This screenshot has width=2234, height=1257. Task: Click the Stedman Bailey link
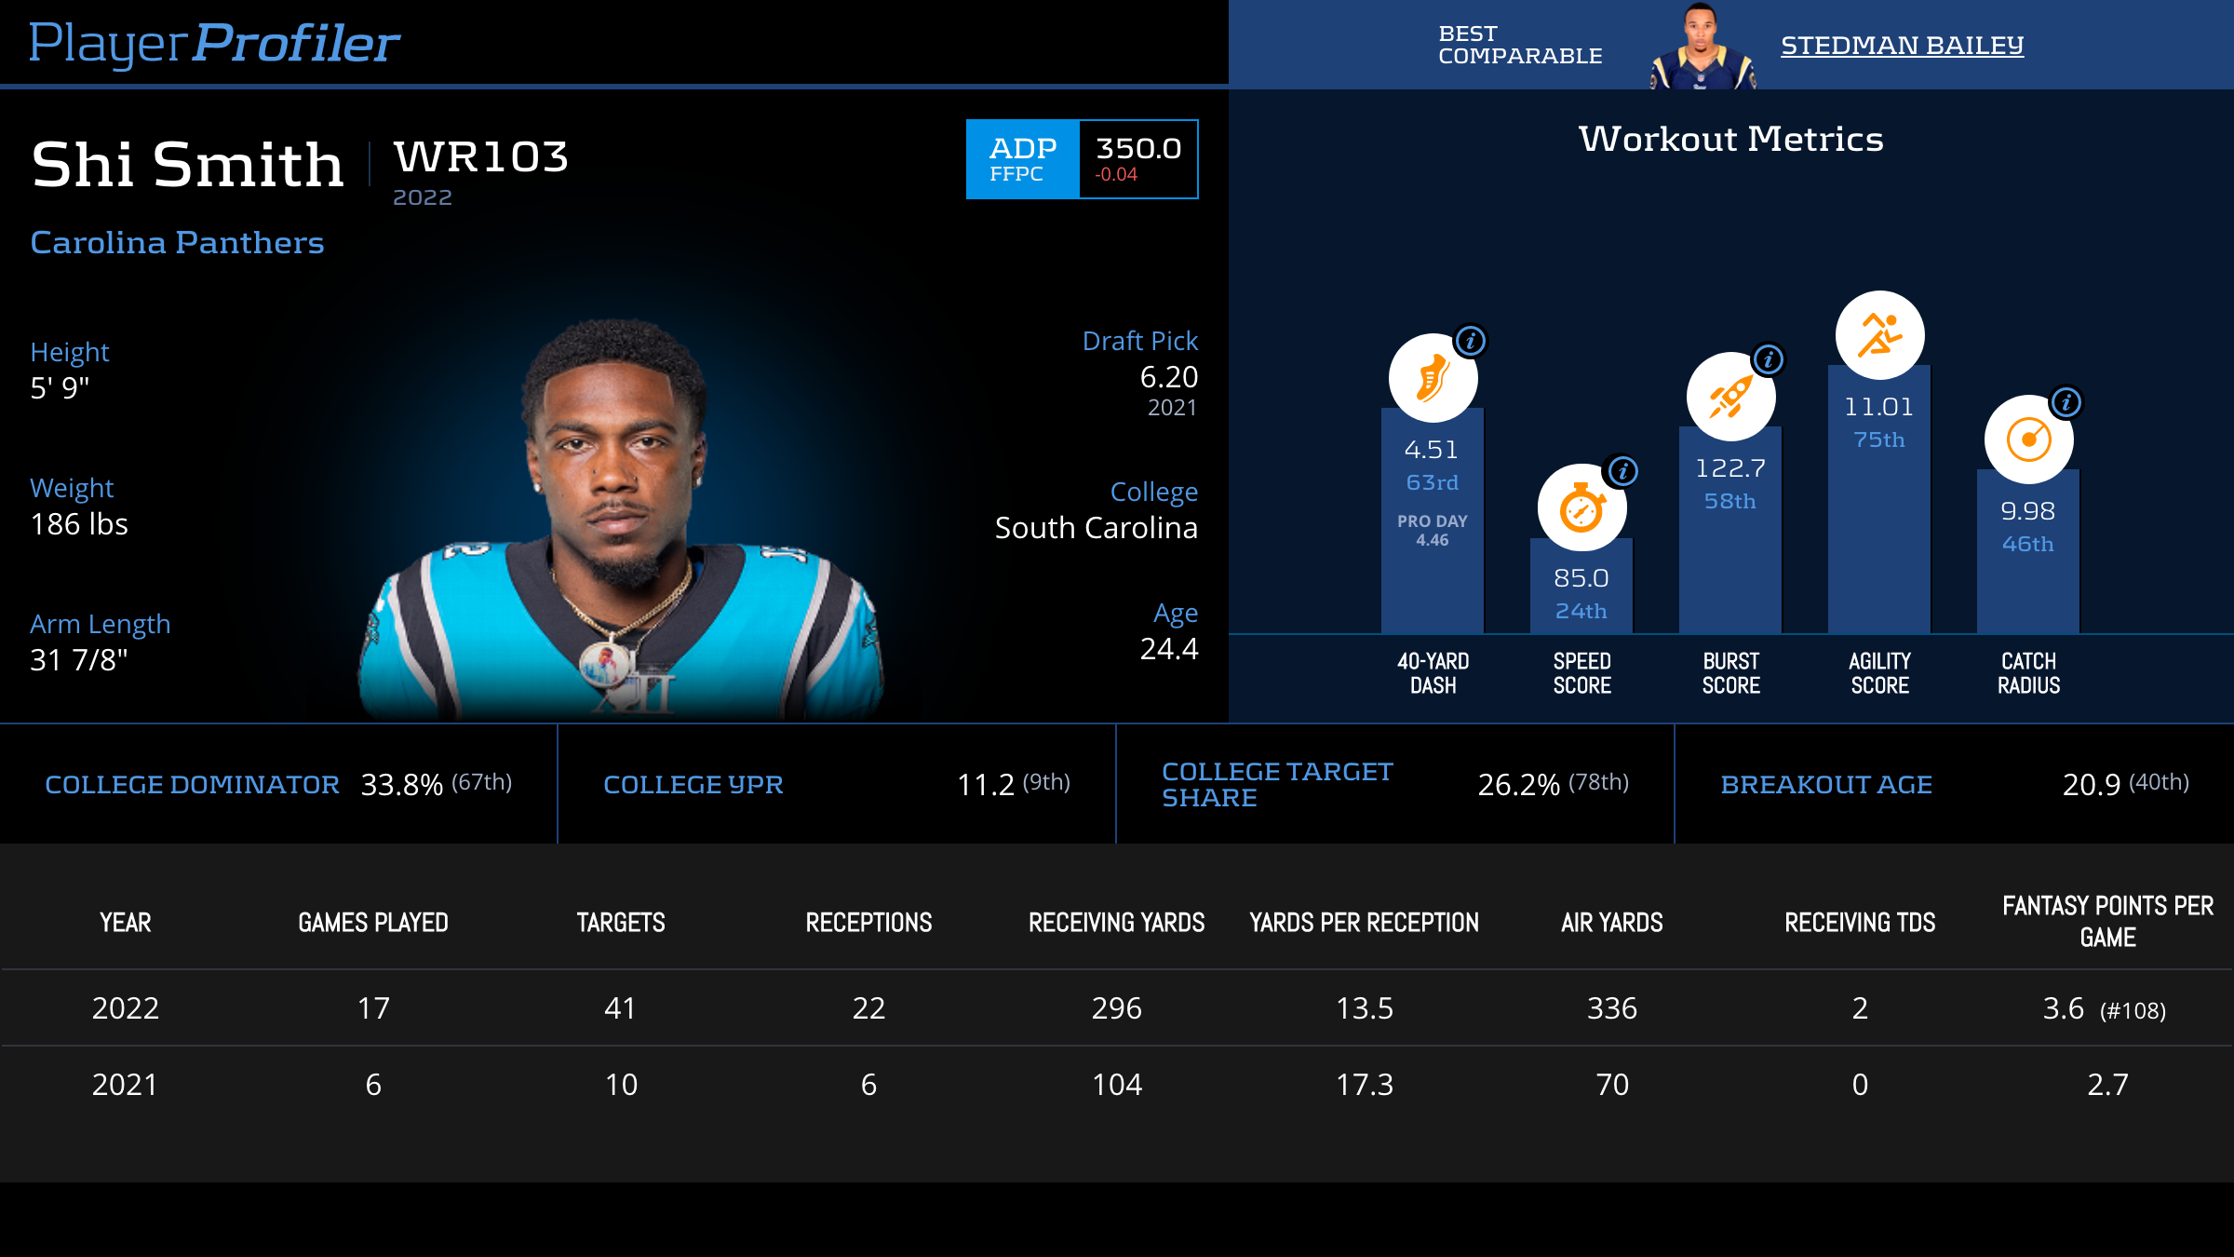pos(1902,45)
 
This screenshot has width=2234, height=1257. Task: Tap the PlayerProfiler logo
pos(214,43)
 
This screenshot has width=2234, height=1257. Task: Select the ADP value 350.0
pos(1137,149)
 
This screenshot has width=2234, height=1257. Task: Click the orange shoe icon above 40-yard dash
pos(1433,378)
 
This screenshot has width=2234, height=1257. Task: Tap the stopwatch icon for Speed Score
pos(1581,508)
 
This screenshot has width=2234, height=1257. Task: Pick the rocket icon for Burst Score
pos(1730,397)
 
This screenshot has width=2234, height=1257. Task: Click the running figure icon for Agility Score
pos(1879,335)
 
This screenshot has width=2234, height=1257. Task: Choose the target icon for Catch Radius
pos(2028,439)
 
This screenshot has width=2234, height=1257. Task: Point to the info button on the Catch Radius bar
pos(2066,402)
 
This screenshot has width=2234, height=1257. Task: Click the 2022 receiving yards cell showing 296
pos(1116,1008)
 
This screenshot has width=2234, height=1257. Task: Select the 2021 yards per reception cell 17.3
pos(1364,1085)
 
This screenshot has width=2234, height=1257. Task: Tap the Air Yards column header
pos(1611,923)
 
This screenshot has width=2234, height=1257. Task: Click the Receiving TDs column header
pos(1859,923)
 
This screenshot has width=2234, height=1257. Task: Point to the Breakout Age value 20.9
pos(2091,785)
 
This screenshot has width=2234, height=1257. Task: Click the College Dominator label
pos(192,785)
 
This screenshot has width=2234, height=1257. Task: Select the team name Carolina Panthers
pos(177,242)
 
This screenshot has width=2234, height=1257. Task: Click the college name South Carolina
pos(1096,528)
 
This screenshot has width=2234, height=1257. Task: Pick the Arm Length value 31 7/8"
pos(79,660)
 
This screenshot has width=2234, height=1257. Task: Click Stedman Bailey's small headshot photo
pos(1702,47)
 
